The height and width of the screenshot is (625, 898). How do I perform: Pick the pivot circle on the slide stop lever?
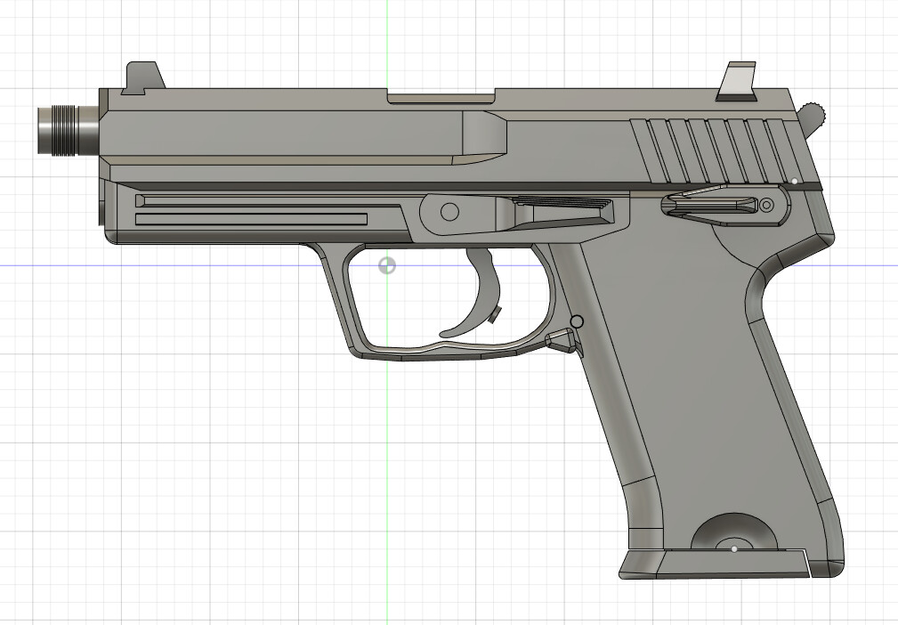click(450, 212)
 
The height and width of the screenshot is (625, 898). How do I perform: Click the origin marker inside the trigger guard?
click(387, 265)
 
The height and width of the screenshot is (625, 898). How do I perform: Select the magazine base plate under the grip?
click(712, 564)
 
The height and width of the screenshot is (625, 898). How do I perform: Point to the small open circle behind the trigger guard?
click(577, 321)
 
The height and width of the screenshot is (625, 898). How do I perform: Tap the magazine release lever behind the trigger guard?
click(562, 340)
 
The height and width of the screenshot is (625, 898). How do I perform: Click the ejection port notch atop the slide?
click(441, 95)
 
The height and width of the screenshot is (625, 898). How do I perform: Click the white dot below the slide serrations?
click(795, 181)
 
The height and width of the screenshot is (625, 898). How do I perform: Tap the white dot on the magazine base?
click(734, 549)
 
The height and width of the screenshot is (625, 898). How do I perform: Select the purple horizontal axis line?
click(178, 265)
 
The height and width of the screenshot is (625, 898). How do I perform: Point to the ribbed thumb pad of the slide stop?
click(564, 206)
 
